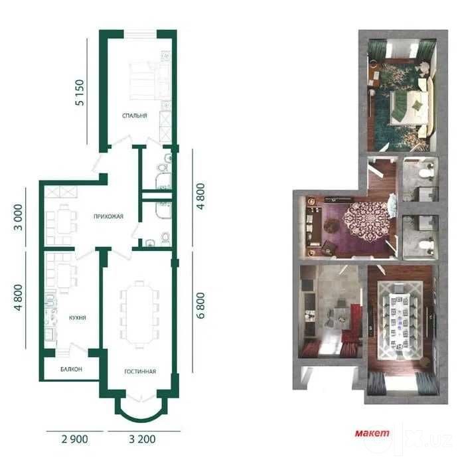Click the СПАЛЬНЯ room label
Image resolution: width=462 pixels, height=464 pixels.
(134, 116)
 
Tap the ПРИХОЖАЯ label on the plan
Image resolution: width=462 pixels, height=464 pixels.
(108, 216)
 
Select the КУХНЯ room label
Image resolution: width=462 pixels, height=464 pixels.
(77, 318)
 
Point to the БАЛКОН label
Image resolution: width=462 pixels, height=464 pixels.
(71, 369)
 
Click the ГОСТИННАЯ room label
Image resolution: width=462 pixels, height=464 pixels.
(140, 371)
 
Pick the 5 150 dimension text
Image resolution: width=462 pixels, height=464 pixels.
(80, 93)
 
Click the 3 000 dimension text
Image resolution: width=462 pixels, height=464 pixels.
(18, 217)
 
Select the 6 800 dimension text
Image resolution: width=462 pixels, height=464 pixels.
(200, 305)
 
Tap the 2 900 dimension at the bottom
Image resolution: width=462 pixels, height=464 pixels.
(74, 439)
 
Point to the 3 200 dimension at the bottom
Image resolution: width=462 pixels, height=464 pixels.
(142, 439)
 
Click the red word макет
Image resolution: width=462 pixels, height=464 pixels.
(372, 433)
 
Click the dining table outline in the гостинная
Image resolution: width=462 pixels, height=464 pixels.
(139, 315)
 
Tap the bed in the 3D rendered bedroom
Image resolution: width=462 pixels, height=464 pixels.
(410, 107)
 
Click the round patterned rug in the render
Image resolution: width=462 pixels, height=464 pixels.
(366, 220)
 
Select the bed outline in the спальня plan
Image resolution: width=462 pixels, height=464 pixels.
(142, 82)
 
